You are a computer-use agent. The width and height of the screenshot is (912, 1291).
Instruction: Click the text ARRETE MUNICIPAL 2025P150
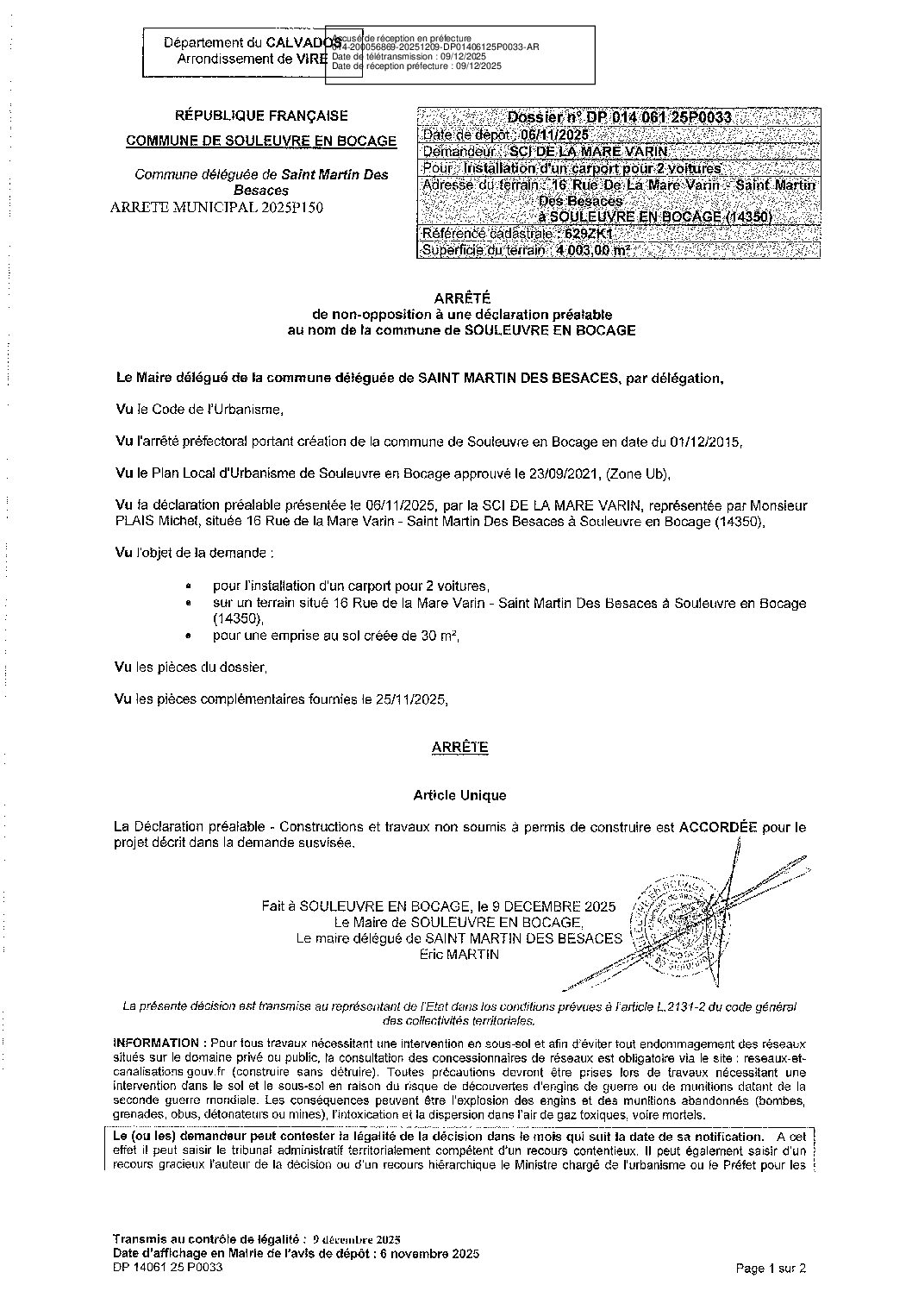(x=217, y=207)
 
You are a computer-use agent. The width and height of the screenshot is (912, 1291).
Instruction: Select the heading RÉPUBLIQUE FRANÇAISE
(x=262, y=116)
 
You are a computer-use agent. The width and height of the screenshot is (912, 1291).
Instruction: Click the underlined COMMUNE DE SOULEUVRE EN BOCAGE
(x=262, y=141)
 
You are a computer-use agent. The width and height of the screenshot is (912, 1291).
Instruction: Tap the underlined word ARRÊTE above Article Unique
(x=460, y=748)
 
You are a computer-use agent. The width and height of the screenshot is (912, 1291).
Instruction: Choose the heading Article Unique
(x=460, y=795)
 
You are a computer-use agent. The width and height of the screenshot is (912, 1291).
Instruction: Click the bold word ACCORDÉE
(x=718, y=826)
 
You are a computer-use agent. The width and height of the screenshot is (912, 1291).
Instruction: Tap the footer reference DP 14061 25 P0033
(x=163, y=1268)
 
